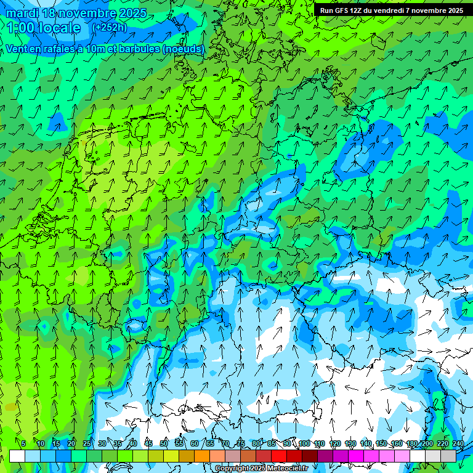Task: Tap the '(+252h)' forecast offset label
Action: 109,27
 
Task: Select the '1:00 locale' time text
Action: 44,28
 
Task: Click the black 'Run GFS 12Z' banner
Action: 392,10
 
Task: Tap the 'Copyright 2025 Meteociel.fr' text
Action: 261,469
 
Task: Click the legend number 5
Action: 23,443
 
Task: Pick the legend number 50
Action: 163,443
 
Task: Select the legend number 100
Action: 304,443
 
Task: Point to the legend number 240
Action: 458,443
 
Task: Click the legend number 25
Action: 86,443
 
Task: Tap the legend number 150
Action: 381,443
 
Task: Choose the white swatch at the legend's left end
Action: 17,456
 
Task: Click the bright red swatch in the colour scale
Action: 279,456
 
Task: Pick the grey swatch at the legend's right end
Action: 448,456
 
